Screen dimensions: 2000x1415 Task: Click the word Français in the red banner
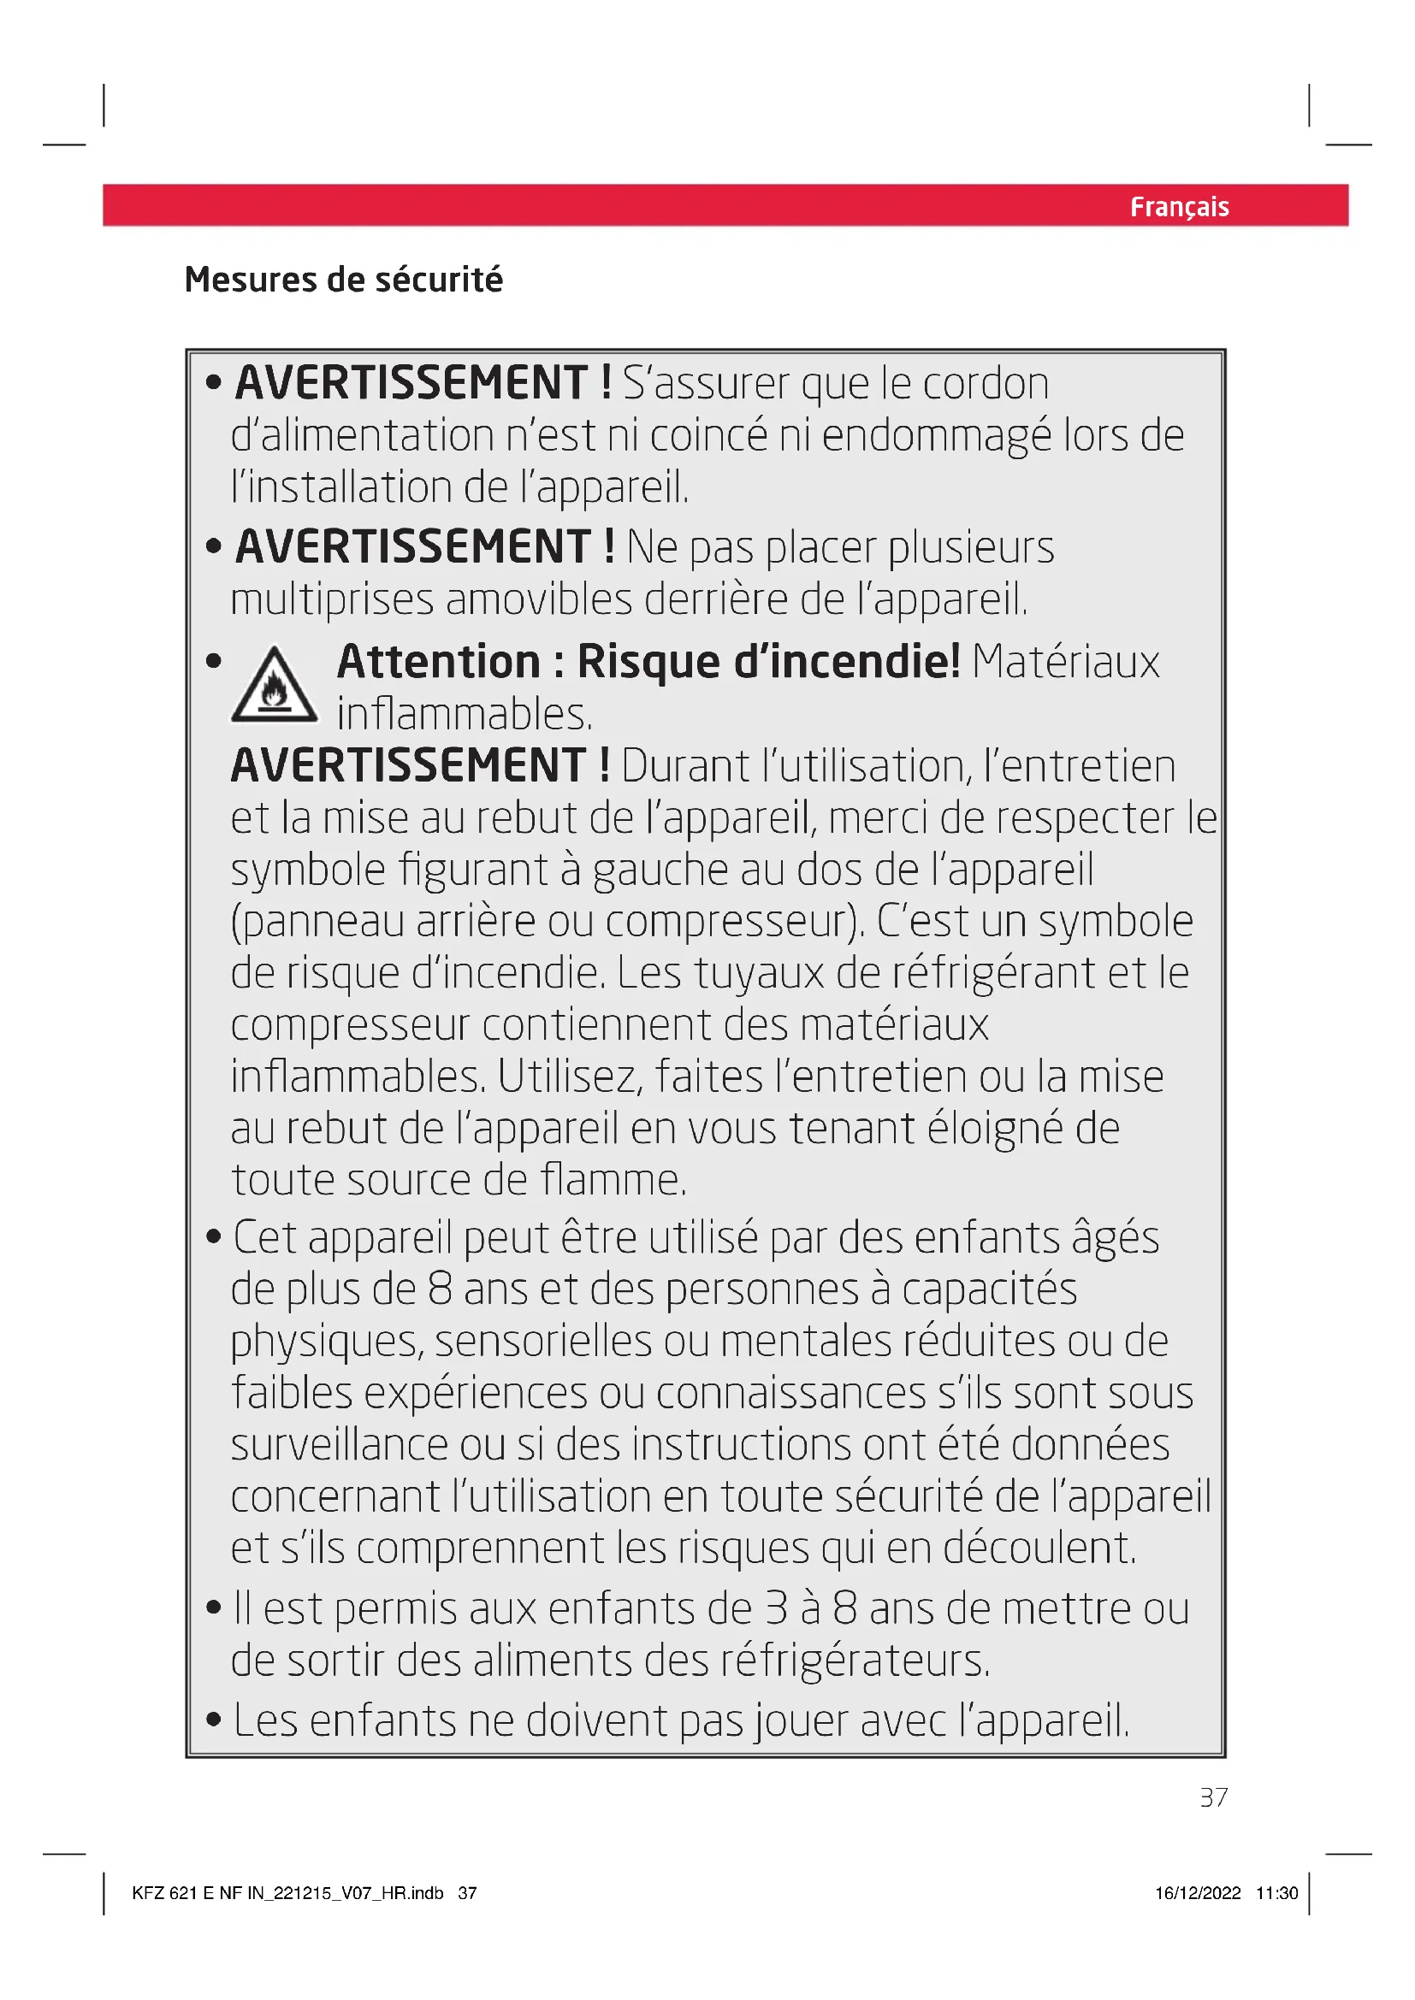tap(1179, 206)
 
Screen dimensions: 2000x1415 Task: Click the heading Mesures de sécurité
tap(343, 280)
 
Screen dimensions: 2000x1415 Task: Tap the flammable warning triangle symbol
tap(275, 686)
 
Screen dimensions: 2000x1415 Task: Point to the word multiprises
tap(331, 600)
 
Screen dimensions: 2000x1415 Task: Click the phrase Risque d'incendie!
tap(768, 661)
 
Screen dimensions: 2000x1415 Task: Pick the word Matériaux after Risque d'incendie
tap(1066, 661)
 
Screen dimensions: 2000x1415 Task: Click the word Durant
tap(685, 766)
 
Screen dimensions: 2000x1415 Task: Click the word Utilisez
tap(570, 1077)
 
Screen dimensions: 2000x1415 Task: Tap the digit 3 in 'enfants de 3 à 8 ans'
tap(776, 1609)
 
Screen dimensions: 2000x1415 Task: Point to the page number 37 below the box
tap(1213, 1797)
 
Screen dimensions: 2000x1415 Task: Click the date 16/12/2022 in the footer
tap(1197, 1893)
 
